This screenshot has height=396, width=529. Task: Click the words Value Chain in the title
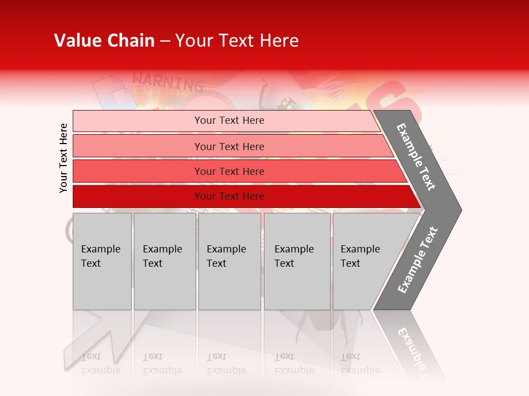[104, 41]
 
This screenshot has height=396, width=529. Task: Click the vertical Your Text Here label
[63, 158]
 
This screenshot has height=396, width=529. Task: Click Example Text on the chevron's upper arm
[416, 157]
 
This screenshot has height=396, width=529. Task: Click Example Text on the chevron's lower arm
[418, 260]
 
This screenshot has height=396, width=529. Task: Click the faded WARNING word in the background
[168, 83]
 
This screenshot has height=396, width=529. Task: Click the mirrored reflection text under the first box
[100, 363]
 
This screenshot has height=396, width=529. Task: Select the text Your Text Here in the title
[237, 41]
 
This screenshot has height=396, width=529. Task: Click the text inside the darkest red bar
[229, 196]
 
